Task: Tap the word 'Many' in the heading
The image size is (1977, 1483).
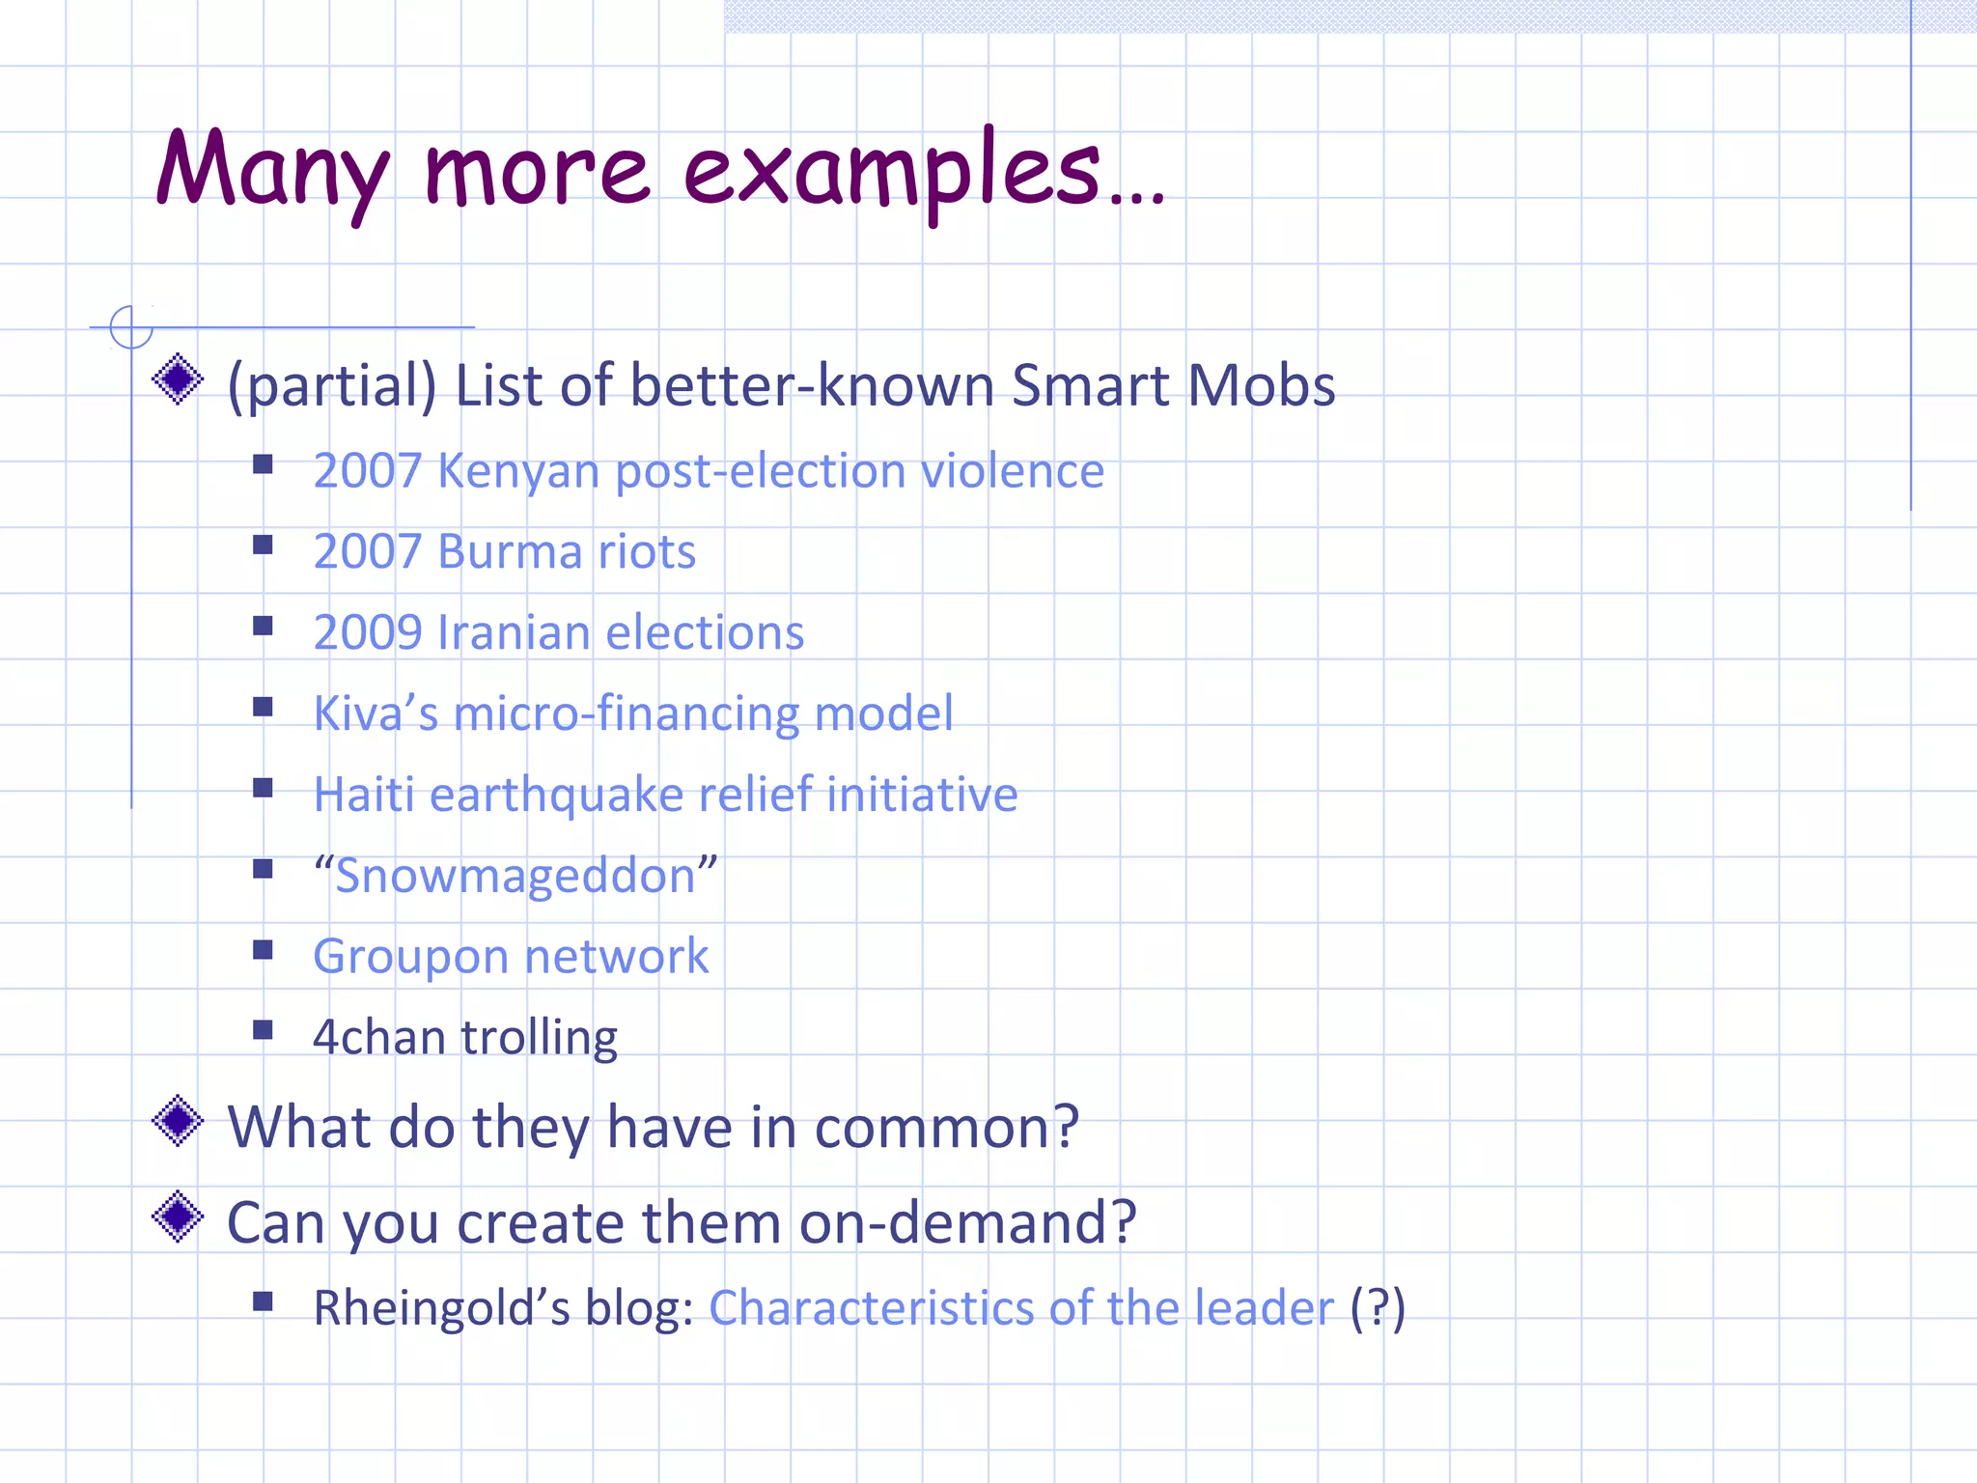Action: (x=273, y=172)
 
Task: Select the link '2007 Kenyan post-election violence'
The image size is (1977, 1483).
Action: (x=708, y=471)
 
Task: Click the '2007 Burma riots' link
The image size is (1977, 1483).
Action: (x=504, y=552)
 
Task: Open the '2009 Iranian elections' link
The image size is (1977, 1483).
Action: (x=558, y=633)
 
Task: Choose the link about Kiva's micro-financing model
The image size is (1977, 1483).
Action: (x=633, y=714)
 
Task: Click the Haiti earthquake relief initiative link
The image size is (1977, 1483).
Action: (x=665, y=796)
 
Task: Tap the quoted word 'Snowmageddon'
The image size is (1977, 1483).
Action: (x=515, y=877)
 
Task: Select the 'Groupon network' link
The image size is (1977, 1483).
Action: (x=511, y=957)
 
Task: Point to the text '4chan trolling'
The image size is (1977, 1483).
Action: (x=465, y=1038)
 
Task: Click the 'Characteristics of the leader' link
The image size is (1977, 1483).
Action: (x=1021, y=1309)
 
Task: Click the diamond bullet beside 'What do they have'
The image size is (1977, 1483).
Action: (x=178, y=1121)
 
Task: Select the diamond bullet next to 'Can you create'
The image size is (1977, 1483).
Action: (x=178, y=1217)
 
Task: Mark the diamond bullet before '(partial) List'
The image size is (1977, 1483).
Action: (x=178, y=379)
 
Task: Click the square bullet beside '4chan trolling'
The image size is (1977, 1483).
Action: (x=263, y=1030)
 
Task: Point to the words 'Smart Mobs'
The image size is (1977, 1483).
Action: (x=1173, y=386)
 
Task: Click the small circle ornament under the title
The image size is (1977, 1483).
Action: (x=131, y=327)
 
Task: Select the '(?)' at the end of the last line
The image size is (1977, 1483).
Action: (x=1377, y=1309)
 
